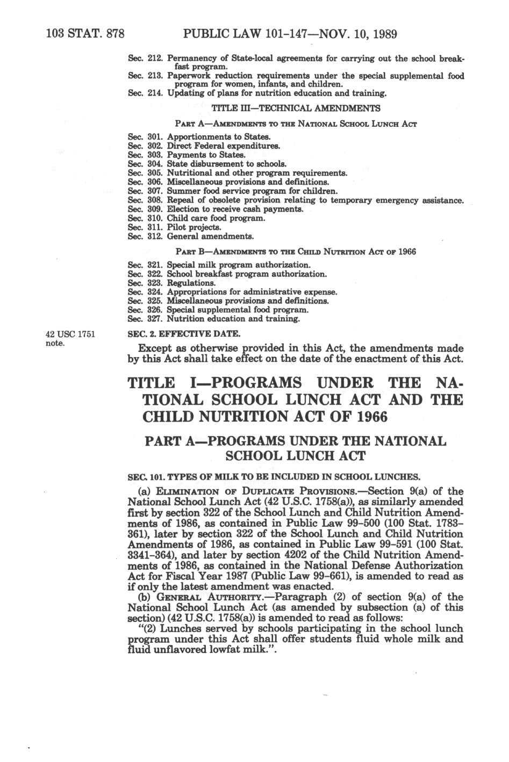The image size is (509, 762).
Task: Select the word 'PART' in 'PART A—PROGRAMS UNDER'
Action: click(x=164, y=441)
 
